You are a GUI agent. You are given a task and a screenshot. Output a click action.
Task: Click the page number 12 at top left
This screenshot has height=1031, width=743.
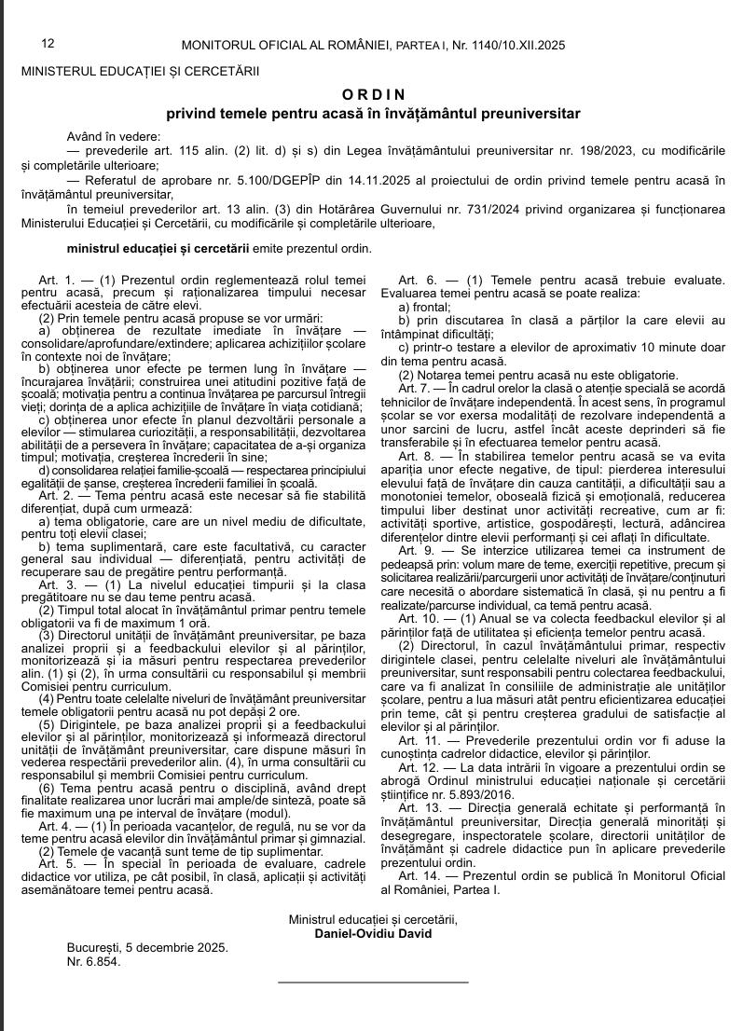point(48,44)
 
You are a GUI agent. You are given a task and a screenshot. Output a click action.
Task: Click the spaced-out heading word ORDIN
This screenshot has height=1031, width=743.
point(374,94)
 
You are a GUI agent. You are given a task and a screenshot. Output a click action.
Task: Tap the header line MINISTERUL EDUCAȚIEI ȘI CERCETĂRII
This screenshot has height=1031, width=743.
point(140,70)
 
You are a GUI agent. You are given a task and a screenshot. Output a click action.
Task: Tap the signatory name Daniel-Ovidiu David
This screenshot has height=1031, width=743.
point(373,933)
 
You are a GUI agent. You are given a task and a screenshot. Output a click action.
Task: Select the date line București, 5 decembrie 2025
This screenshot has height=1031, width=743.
point(147,947)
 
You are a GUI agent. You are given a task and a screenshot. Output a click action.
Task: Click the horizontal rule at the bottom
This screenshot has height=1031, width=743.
point(373,982)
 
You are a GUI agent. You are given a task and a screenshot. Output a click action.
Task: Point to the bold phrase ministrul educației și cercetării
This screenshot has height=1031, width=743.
point(158,248)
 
